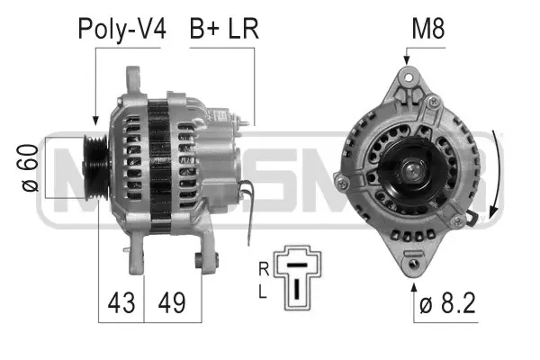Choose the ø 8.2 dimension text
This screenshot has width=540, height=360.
(445, 304)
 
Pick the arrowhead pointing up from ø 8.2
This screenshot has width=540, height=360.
(414, 287)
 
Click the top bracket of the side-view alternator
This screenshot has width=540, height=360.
(135, 79)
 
